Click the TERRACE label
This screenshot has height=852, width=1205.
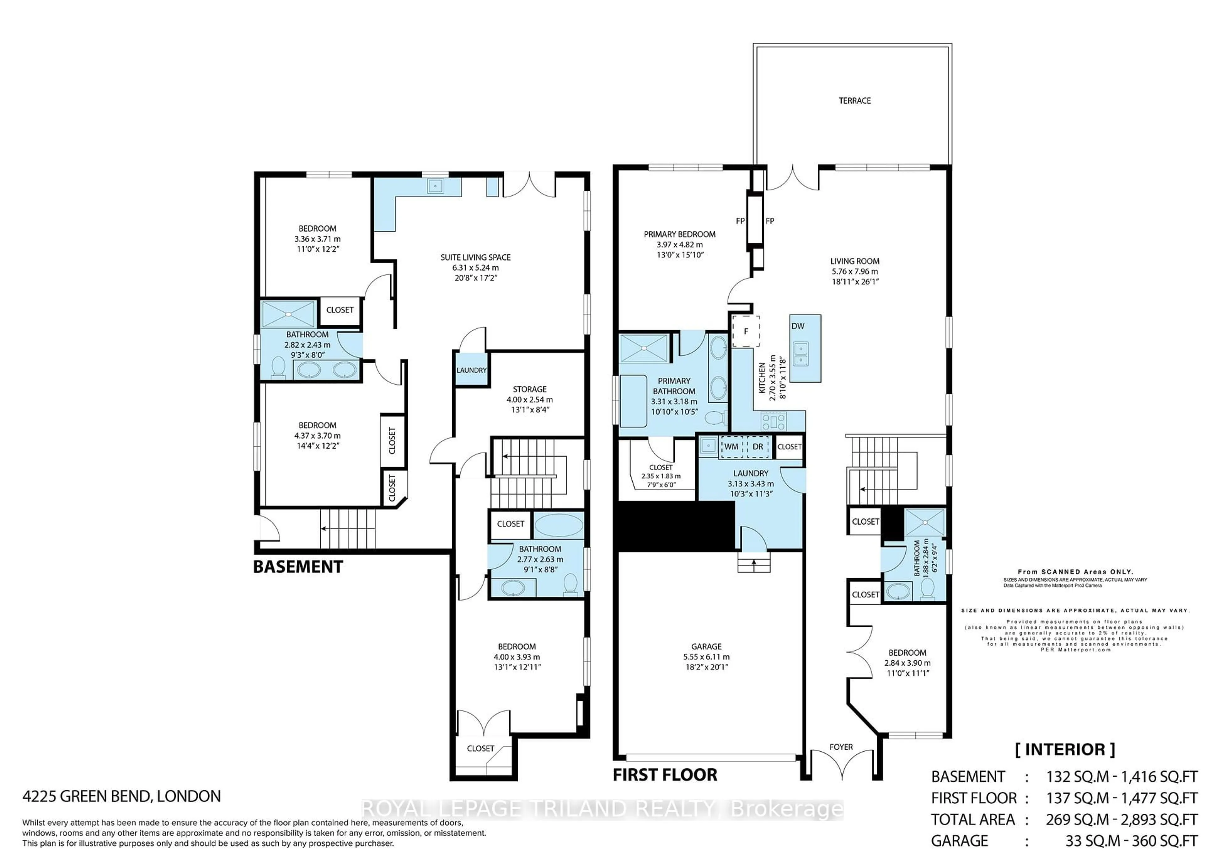tap(854, 101)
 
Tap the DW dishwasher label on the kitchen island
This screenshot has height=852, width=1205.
tap(798, 326)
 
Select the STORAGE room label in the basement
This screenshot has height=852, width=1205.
tap(530, 389)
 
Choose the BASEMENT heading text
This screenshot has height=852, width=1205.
tap(297, 567)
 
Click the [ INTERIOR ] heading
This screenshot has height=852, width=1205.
tap(1065, 749)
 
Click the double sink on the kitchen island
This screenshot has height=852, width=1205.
tap(801, 354)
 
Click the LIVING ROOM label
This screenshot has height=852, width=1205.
tap(854, 261)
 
